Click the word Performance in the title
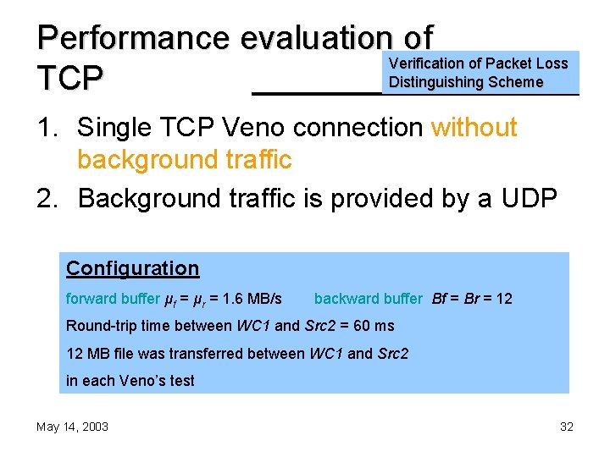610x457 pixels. coord(134,39)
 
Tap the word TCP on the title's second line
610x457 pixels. coord(70,79)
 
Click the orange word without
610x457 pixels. coord(474,128)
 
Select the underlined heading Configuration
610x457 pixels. coord(133,269)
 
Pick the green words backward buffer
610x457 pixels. coord(368,299)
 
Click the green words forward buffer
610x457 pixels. coord(112,299)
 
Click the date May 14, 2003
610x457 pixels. coord(72,427)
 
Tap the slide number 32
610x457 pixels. coord(567,427)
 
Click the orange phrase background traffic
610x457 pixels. coord(184,159)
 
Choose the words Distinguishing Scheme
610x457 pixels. coord(465,82)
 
